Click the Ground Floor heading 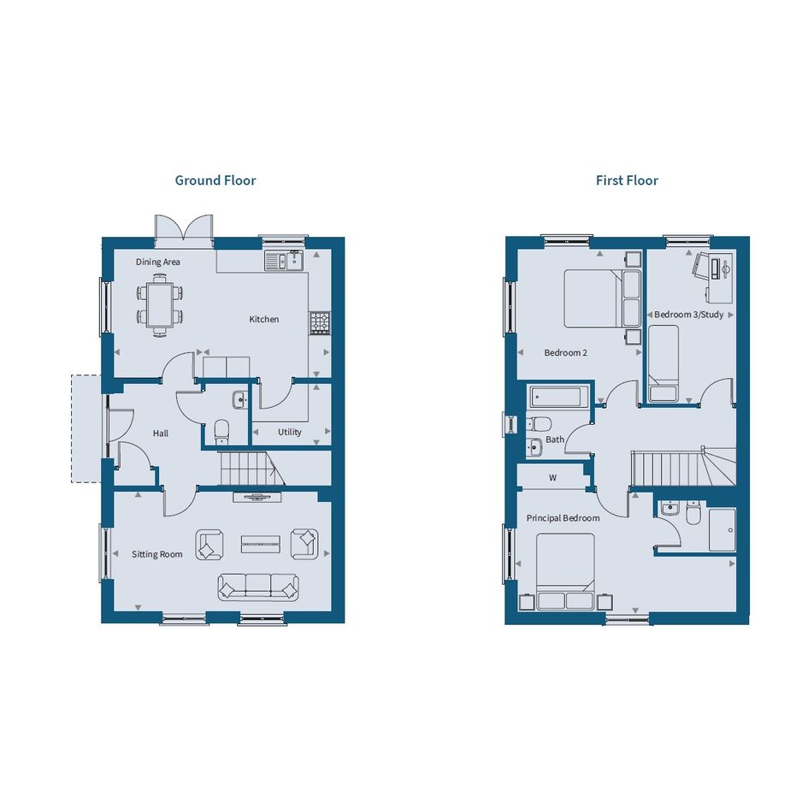(215, 180)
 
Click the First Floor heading (627, 180)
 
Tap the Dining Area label (157, 262)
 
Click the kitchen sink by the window (284, 261)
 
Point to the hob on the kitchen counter (320, 323)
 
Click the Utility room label (290, 432)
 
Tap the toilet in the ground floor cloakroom (221, 432)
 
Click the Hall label (160, 433)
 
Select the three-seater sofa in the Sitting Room (258, 587)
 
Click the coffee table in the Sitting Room (261, 544)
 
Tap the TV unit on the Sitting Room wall (257, 497)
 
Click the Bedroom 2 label (566, 353)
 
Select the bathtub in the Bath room (558, 398)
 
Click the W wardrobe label (553, 478)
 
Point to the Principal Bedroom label (563, 518)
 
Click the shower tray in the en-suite (722, 530)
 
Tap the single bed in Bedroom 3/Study (664, 363)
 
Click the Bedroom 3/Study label (689, 315)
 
